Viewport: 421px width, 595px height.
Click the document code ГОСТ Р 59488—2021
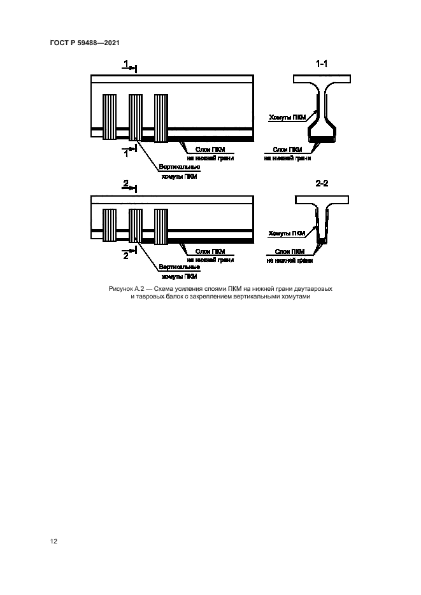(x=85, y=43)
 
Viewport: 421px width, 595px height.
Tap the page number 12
(x=54, y=541)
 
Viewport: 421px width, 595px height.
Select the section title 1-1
(x=322, y=64)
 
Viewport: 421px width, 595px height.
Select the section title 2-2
(x=322, y=184)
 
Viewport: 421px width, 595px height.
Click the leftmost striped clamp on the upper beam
(x=110, y=117)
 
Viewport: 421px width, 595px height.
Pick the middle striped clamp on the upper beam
(x=136, y=117)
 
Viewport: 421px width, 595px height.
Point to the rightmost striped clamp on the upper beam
(x=161, y=118)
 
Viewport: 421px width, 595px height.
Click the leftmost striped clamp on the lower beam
(x=110, y=225)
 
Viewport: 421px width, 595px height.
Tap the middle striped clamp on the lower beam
(x=136, y=225)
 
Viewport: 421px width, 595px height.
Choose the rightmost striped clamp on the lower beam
(x=161, y=227)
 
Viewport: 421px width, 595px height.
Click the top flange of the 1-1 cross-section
(x=322, y=79)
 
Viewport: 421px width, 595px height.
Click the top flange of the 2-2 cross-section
(x=322, y=200)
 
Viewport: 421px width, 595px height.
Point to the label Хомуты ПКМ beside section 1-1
(x=287, y=118)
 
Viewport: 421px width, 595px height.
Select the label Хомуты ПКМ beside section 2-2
(x=287, y=234)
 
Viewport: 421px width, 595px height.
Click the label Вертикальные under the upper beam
(x=180, y=167)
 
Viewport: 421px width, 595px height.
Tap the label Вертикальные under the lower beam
(x=180, y=267)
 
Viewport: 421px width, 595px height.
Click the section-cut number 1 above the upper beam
(x=126, y=63)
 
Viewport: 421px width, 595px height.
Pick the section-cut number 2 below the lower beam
(x=126, y=256)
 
